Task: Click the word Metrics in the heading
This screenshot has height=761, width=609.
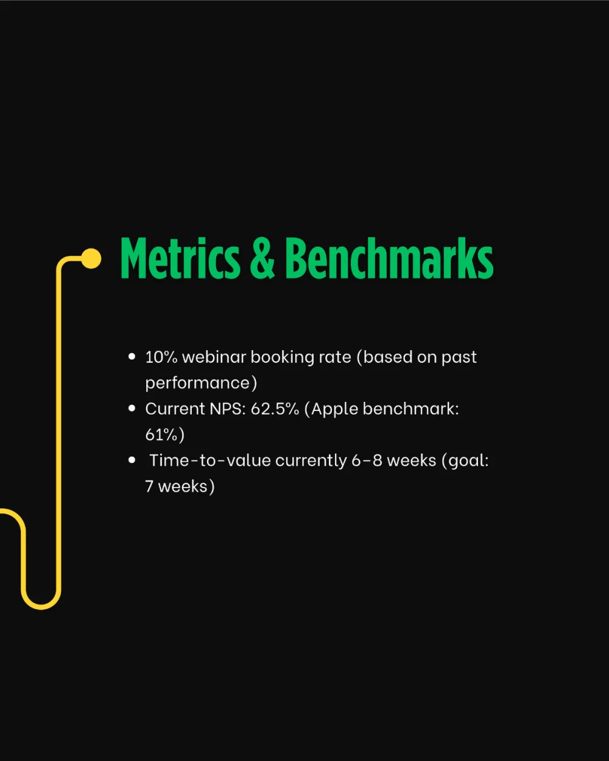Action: click(180, 258)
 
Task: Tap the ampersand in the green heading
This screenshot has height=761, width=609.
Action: click(262, 258)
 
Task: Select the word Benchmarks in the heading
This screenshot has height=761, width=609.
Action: click(389, 258)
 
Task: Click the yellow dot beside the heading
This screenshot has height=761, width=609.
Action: click(91, 259)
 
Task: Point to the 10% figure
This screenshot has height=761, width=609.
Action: click(161, 357)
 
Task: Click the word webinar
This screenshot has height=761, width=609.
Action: click(214, 357)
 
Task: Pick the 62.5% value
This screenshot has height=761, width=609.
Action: click(275, 409)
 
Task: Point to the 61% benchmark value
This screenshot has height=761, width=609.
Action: click(161, 435)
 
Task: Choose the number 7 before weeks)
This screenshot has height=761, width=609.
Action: click(149, 486)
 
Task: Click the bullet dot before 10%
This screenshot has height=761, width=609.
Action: click(132, 357)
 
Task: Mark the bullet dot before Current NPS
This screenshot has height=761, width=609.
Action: click(132, 409)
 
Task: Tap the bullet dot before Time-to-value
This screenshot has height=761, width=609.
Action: click(132, 460)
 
